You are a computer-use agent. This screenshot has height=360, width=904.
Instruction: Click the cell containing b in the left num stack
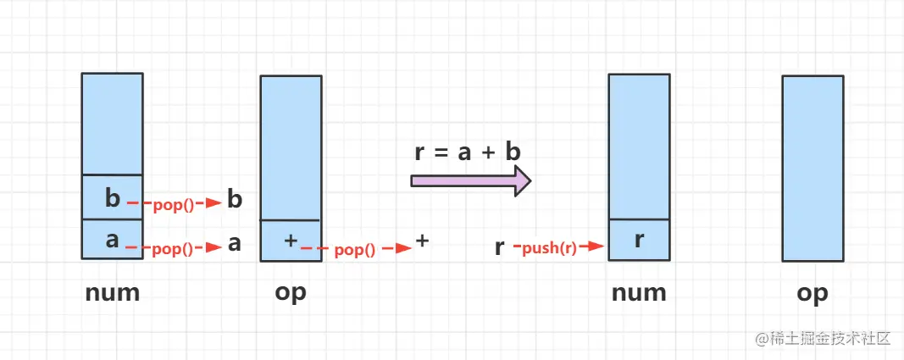[112, 197]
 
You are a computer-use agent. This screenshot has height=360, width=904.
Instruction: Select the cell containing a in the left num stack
[112, 240]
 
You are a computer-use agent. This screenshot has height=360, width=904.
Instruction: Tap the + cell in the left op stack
[291, 241]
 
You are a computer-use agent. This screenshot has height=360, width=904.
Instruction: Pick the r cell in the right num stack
[639, 241]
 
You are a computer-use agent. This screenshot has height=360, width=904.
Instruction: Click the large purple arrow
[470, 180]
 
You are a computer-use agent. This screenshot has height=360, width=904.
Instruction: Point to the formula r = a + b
[468, 152]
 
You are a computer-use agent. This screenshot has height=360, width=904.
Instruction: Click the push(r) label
[549, 247]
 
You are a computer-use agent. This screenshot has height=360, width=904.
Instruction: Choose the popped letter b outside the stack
[236, 200]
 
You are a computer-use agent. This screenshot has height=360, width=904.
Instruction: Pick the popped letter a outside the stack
[235, 245]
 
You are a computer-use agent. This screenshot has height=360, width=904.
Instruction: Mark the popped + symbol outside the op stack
[423, 241]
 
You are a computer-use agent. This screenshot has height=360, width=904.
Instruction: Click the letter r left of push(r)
[500, 247]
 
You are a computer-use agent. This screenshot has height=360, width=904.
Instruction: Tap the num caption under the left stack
[112, 293]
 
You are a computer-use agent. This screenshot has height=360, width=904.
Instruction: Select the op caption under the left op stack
[291, 293]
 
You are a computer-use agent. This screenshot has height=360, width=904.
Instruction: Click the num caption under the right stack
[639, 293]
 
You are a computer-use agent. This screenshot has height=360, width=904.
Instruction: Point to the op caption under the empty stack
[812, 293]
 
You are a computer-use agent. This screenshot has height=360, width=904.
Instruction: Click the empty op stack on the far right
[812, 168]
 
